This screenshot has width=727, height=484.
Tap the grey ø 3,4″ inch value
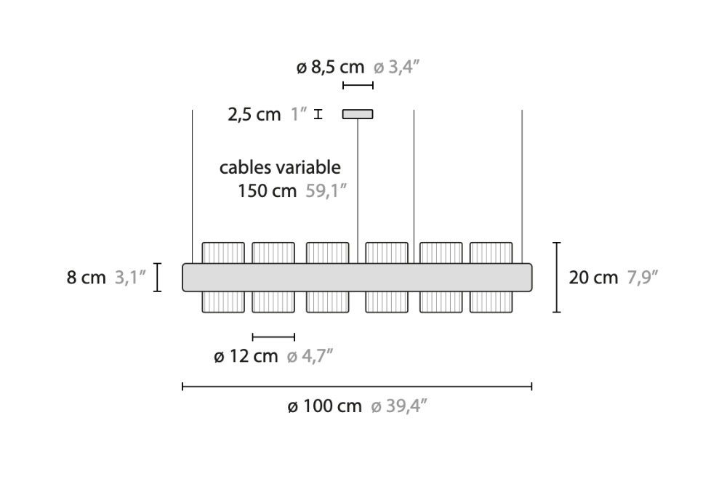(x=398, y=68)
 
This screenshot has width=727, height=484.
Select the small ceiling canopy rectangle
(x=358, y=114)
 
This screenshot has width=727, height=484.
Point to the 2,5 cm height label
(x=254, y=115)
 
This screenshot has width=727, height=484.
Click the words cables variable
(x=280, y=167)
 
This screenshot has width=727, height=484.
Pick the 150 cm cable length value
(x=267, y=191)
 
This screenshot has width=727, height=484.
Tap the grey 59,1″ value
(x=324, y=191)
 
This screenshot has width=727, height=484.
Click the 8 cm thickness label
(x=87, y=278)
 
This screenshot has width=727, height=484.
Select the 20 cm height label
(x=593, y=278)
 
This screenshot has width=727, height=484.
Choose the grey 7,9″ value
(x=643, y=278)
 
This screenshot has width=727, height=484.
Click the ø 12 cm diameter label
(x=246, y=356)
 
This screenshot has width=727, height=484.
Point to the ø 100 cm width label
(x=324, y=406)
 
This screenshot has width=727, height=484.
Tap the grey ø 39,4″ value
(x=398, y=406)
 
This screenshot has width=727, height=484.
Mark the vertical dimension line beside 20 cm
(x=557, y=277)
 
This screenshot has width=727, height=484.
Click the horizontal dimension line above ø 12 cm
(x=273, y=336)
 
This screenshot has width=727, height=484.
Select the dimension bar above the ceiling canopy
(x=358, y=86)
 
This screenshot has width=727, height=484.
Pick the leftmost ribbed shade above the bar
(x=222, y=252)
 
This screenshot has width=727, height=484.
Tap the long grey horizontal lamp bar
(x=357, y=277)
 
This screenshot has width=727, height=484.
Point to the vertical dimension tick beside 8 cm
(x=158, y=278)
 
